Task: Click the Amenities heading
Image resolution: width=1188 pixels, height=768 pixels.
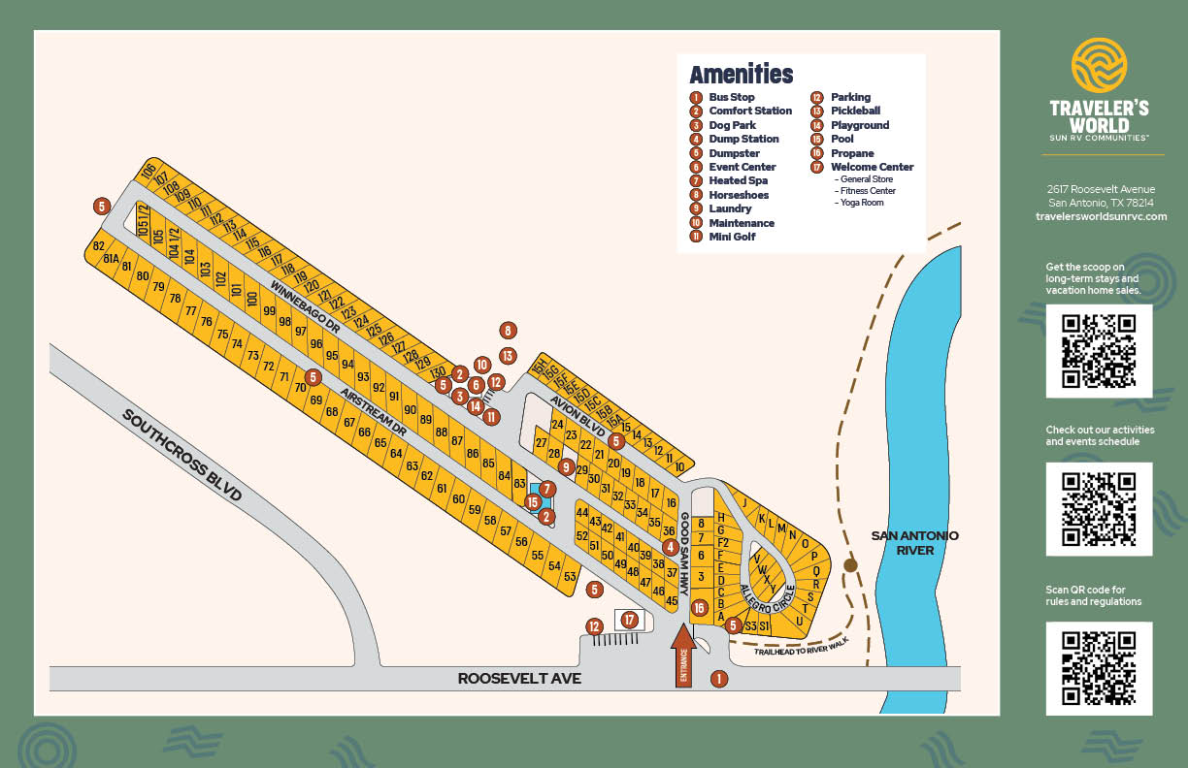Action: tap(741, 75)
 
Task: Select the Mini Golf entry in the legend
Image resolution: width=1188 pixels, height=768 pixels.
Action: tap(731, 237)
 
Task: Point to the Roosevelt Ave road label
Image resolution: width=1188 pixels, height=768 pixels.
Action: tap(519, 679)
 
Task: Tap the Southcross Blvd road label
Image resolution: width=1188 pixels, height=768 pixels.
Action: tap(181, 454)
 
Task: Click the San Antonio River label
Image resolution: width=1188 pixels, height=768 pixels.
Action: tap(914, 543)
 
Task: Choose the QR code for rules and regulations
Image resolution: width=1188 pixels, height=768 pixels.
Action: tap(1099, 667)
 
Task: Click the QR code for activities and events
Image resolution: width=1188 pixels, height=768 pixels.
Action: tap(1099, 508)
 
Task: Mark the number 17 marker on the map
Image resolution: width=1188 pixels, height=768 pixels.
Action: tap(630, 620)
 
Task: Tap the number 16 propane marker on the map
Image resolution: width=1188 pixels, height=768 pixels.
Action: tap(699, 608)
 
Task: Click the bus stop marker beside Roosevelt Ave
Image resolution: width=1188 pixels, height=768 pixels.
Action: tap(719, 679)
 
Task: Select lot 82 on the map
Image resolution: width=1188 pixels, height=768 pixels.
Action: tap(98, 246)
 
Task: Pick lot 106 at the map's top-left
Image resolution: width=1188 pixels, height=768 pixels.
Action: tap(148, 172)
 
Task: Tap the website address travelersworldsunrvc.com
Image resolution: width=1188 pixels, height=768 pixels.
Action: tap(1101, 216)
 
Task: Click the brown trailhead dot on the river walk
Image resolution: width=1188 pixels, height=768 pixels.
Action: tap(850, 565)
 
